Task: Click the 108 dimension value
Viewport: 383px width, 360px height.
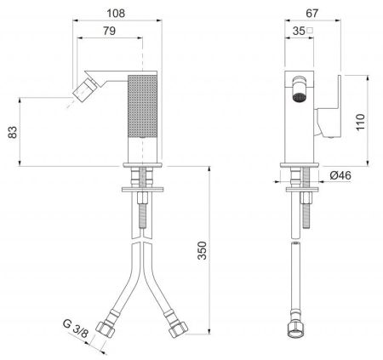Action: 116,14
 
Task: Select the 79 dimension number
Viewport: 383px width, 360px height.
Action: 109,31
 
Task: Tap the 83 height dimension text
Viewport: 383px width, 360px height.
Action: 13,132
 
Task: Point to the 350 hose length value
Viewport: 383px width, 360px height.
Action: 203,250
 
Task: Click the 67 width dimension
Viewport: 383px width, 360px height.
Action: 312,14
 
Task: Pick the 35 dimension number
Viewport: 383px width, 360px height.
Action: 299,31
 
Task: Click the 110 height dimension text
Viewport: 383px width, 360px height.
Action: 361,122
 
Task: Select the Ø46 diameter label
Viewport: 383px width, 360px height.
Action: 340,175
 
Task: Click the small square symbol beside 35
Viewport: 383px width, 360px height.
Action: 310,31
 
